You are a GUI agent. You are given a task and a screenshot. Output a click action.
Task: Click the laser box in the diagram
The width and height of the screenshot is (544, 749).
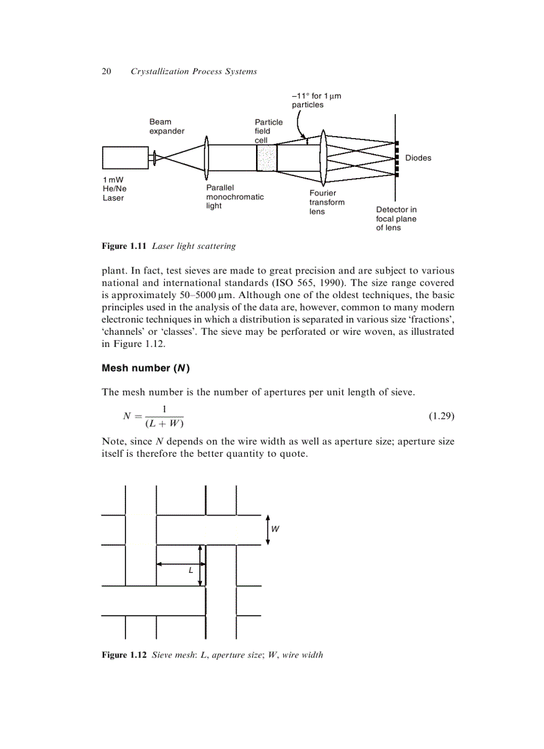[125, 157]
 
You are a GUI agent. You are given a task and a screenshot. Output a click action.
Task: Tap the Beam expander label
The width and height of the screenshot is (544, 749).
[167, 127]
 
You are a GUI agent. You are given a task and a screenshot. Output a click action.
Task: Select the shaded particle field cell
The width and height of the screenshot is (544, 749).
[266, 158]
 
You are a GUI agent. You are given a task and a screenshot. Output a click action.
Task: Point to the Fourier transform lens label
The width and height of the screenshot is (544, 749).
[327, 202]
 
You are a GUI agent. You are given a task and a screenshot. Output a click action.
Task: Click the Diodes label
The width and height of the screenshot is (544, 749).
[418, 158]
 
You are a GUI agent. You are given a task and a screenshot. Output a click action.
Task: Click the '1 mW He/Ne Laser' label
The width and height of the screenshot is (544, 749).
[114, 189]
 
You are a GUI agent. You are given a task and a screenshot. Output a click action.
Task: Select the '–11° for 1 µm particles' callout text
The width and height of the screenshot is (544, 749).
[316, 101]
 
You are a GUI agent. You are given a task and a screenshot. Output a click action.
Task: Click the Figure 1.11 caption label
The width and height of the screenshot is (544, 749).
[125, 246]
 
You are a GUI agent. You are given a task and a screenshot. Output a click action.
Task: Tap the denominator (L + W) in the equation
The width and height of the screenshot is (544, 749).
[164, 424]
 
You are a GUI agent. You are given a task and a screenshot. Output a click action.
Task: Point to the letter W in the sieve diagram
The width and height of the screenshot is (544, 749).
[275, 529]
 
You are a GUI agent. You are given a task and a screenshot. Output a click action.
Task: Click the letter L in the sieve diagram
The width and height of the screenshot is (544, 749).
[191, 571]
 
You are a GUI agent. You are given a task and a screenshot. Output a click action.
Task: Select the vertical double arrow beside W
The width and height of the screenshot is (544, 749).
[267, 530]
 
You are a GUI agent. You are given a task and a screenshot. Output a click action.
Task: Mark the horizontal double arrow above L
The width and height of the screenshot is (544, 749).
[177, 564]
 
